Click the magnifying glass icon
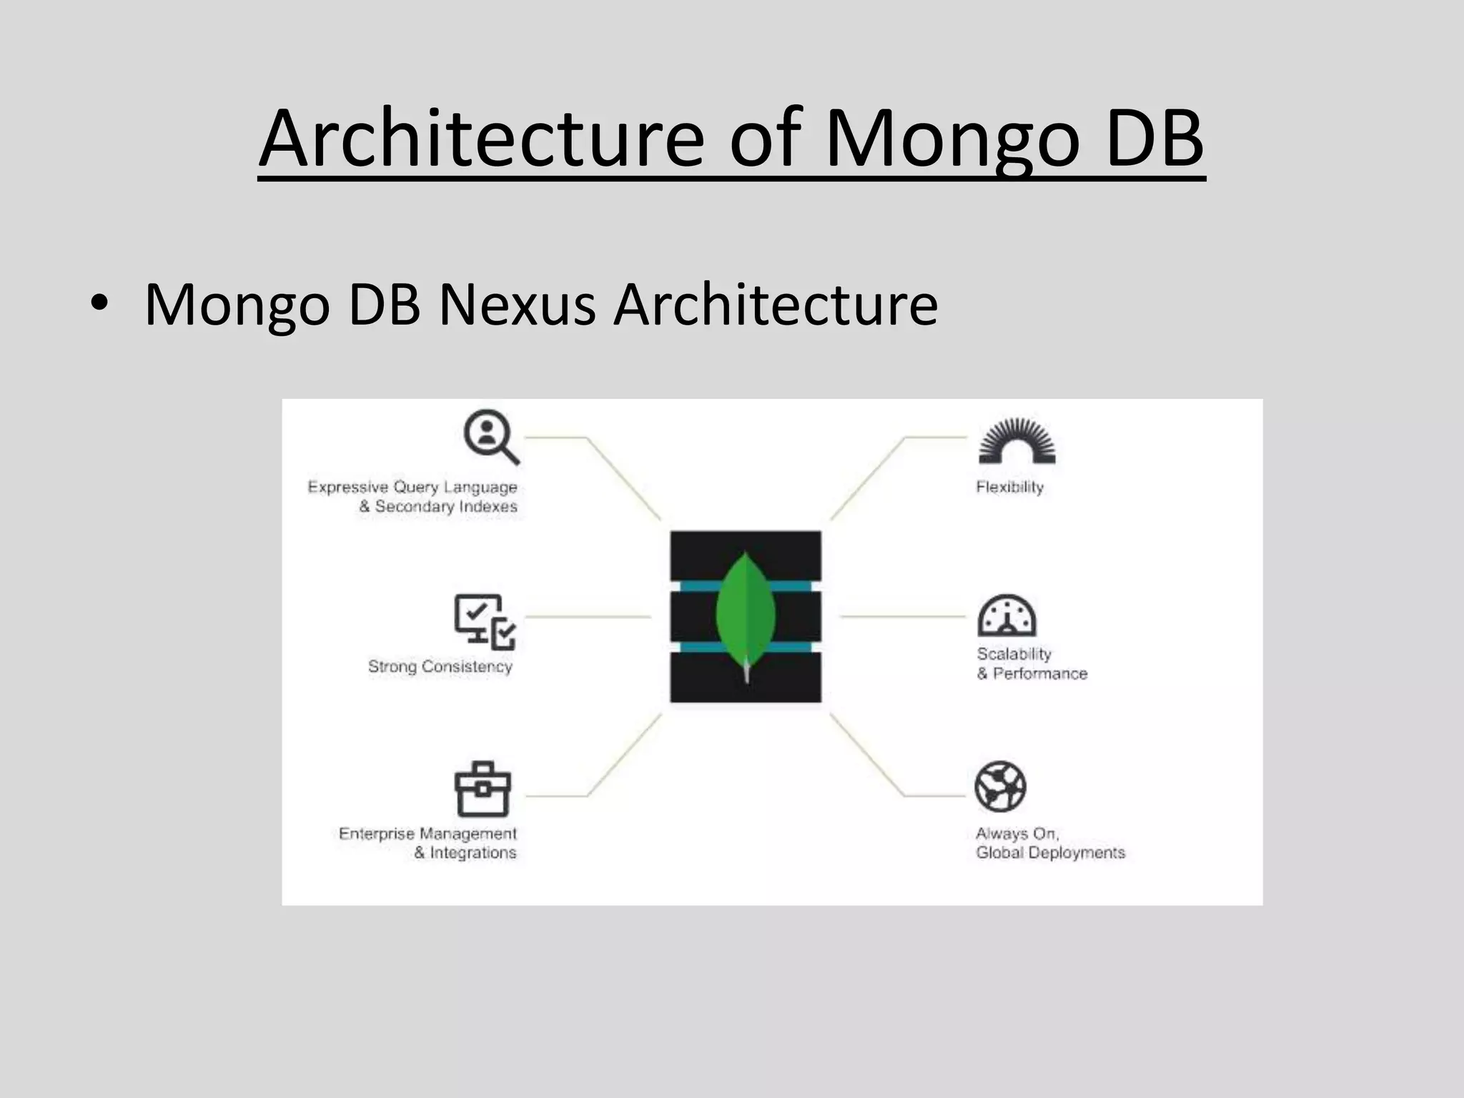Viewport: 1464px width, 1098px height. (491, 436)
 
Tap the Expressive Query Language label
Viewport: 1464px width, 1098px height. (412, 488)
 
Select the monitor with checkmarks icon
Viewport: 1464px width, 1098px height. (485, 620)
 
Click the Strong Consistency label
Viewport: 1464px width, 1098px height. (440, 666)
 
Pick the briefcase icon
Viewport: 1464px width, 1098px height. (483, 789)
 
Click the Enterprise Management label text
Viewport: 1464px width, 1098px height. (427, 834)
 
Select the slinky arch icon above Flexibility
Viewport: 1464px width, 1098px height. (1017, 441)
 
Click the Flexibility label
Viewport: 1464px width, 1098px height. (1009, 488)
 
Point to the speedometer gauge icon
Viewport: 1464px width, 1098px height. (1006, 615)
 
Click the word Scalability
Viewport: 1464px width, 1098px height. (1014, 654)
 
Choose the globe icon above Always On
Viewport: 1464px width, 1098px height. (1000, 786)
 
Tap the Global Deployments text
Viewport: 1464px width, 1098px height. (1050, 853)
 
